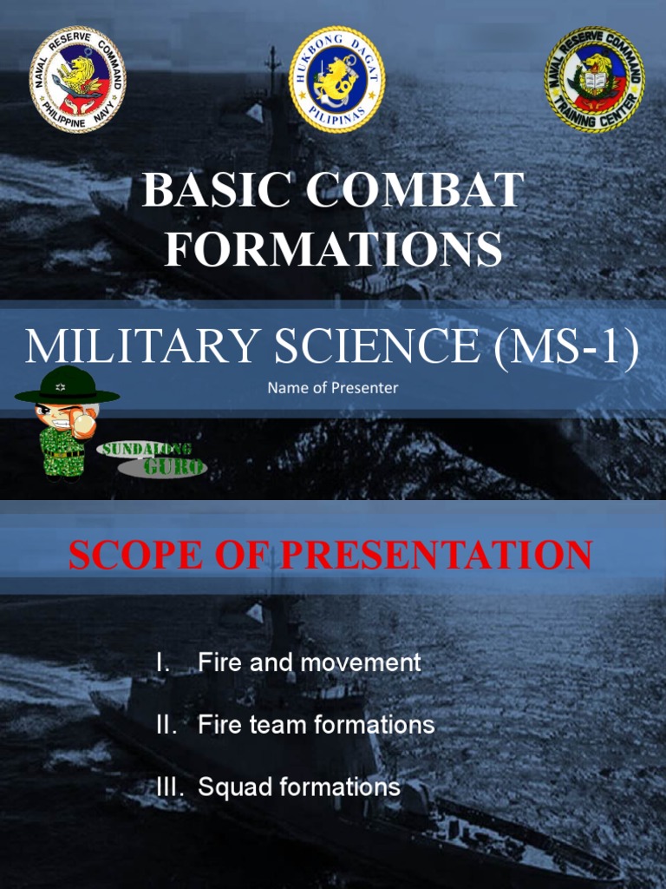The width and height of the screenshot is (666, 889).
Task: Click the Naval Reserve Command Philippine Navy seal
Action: (x=78, y=80)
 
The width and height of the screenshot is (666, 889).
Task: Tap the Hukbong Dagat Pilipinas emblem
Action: (x=336, y=80)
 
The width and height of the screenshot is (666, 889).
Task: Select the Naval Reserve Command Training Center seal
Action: (x=594, y=80)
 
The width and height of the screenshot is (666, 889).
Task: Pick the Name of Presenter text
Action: (x=333, y=388)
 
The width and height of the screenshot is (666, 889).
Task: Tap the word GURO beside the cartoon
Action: (x=173, y=468)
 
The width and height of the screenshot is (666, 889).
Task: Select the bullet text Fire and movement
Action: (x=310, y=662)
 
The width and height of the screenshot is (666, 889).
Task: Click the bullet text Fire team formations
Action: (x=317, y=725)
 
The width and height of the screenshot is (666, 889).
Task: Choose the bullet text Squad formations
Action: (x=299, y=787)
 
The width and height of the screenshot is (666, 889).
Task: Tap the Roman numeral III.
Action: (x=171, y=787)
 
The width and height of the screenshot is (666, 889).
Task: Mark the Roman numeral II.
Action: (x=167, y=725)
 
